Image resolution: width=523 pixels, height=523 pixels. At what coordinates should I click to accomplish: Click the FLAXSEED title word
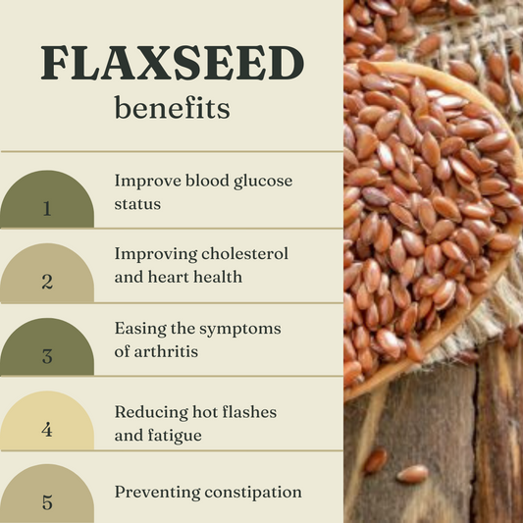pos(172,63)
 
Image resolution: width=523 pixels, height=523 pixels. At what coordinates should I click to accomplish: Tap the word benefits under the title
pos(172,108)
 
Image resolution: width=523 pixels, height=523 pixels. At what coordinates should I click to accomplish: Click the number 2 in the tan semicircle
pos(46,282)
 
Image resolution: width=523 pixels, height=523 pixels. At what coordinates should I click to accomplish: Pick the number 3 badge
pos(46,356)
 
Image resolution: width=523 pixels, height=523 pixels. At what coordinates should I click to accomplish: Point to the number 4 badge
pos(46,430)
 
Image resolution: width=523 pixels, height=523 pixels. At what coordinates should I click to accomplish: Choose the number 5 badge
pos(46,503)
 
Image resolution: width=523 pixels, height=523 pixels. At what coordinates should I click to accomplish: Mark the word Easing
pos(139,329)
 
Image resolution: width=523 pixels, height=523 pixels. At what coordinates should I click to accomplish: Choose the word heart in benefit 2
pos(169,277)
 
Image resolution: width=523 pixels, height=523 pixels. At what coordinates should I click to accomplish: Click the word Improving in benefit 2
pos(155,255)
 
